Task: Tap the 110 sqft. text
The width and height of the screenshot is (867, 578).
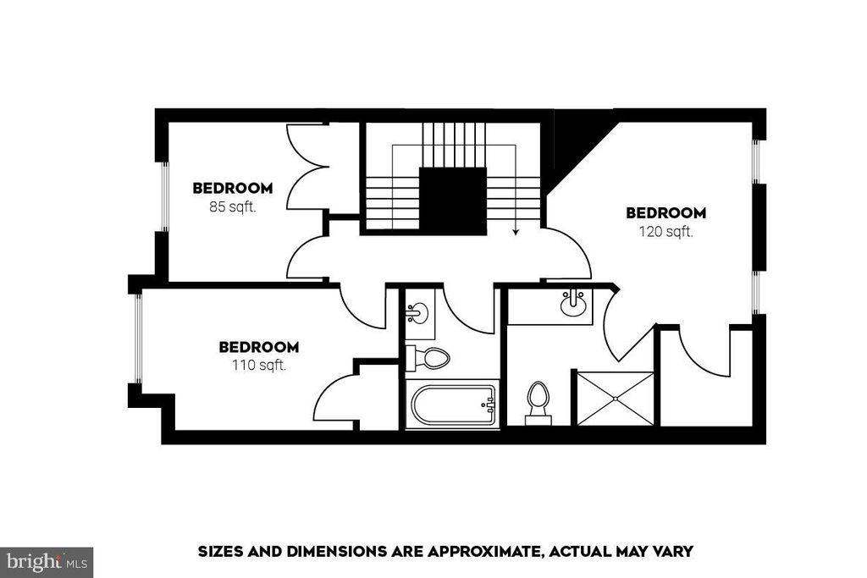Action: coord(258,366)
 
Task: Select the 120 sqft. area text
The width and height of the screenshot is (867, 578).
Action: coord(665,231)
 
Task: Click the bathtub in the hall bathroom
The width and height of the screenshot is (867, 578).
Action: coord(453,405)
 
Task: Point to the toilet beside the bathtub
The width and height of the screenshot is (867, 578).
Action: coord(429,358)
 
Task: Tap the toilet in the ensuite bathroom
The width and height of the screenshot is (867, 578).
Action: coord(538,401)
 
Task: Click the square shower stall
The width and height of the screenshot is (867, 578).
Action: coord(614,398)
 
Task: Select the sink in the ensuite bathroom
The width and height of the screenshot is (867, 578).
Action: coord(575,302)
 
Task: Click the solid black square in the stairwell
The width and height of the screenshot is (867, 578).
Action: coord(453,201)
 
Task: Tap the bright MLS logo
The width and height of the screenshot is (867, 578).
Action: coord(47,561)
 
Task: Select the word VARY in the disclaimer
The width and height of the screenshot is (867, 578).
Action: coord(673,552)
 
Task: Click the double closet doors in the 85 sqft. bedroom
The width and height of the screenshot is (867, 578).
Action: coord(306,168)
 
